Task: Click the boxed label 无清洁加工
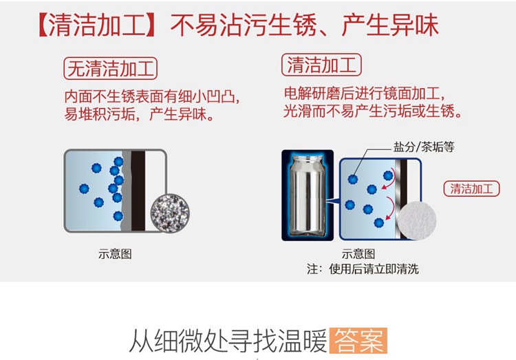(110, 69)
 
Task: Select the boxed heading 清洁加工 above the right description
(321, 65)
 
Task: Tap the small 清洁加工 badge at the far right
(471, 189)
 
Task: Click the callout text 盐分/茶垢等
(424, 147)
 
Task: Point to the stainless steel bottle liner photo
(308, 195)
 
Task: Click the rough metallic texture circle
(170, 213)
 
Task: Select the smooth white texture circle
(417, 221)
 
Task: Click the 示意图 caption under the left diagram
(115, 254)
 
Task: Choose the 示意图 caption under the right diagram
(358, 254)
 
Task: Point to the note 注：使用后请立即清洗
(363, 269)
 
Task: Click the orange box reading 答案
(358, 341)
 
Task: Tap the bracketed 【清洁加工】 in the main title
(97, 25)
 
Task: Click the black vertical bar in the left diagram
(138, 191)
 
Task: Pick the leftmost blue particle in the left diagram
(84, 189)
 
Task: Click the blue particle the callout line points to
(353, 179)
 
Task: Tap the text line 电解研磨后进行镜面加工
(364, 94)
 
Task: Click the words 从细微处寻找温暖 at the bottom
(228, 341)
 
